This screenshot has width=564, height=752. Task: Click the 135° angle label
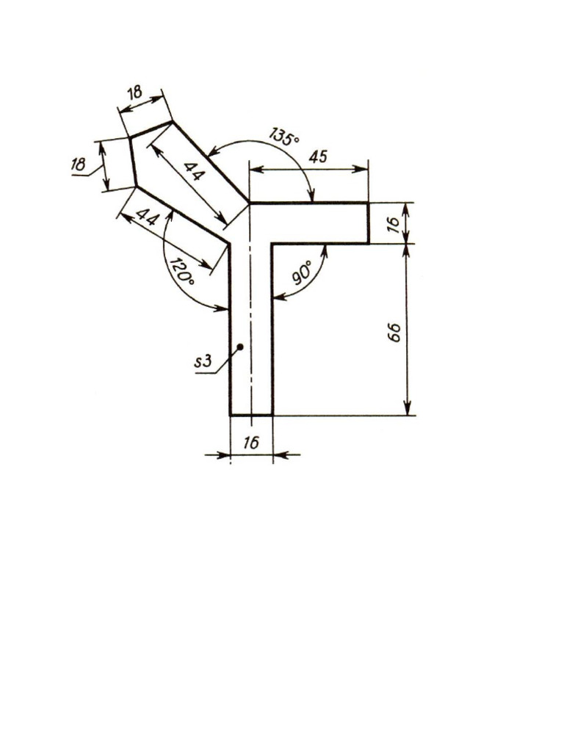click(x=283, y=137)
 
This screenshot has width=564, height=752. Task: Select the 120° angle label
click(x=181, y=272)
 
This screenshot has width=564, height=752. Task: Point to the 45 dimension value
click(x=318, y=156)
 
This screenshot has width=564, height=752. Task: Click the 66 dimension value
click(x=394, y=332)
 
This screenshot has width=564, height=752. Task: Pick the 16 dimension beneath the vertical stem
click(x=250, y=443)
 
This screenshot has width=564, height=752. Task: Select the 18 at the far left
click(x=79, y=165)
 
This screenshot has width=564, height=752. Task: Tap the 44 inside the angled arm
click(x=194, y=173)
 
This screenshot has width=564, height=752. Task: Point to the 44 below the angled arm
click(x=148, y=218)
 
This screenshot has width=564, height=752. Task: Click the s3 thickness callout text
click(x=203, y=361)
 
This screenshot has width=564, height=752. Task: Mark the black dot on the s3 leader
click(x=239, y=346)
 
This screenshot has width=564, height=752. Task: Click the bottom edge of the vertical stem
click(x=252, y=415)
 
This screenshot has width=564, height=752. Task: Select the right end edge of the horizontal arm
click(x=368, y=223)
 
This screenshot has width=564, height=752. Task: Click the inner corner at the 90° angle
click(x=273, y=243)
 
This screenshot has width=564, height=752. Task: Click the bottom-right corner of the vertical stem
click(x=273, y=415)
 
